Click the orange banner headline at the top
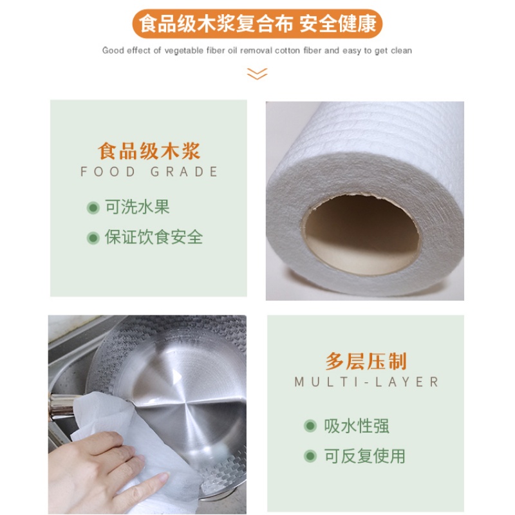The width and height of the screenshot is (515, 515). (257, 24)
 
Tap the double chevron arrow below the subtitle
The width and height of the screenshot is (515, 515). (257, 74)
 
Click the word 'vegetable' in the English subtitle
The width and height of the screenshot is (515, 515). (184, 51)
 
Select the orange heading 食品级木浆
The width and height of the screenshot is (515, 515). (149, 151)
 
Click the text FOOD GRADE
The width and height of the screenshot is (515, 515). (149, 171)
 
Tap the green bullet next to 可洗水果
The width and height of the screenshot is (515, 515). (93, 207)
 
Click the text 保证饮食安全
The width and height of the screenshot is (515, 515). (154, 237)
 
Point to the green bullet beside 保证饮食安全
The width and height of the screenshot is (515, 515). (93, 238)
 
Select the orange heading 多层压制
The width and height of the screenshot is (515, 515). (366, 361)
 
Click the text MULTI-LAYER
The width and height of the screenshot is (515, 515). (366, 382)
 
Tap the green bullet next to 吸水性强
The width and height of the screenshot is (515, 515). (310, 426)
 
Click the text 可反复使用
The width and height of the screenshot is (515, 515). (365, 456)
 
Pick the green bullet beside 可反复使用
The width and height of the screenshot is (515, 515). (310, 456)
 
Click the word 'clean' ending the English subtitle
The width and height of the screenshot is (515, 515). (401, 51)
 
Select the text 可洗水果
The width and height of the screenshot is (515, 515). (137, 207)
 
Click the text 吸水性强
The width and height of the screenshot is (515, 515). (357, 426)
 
